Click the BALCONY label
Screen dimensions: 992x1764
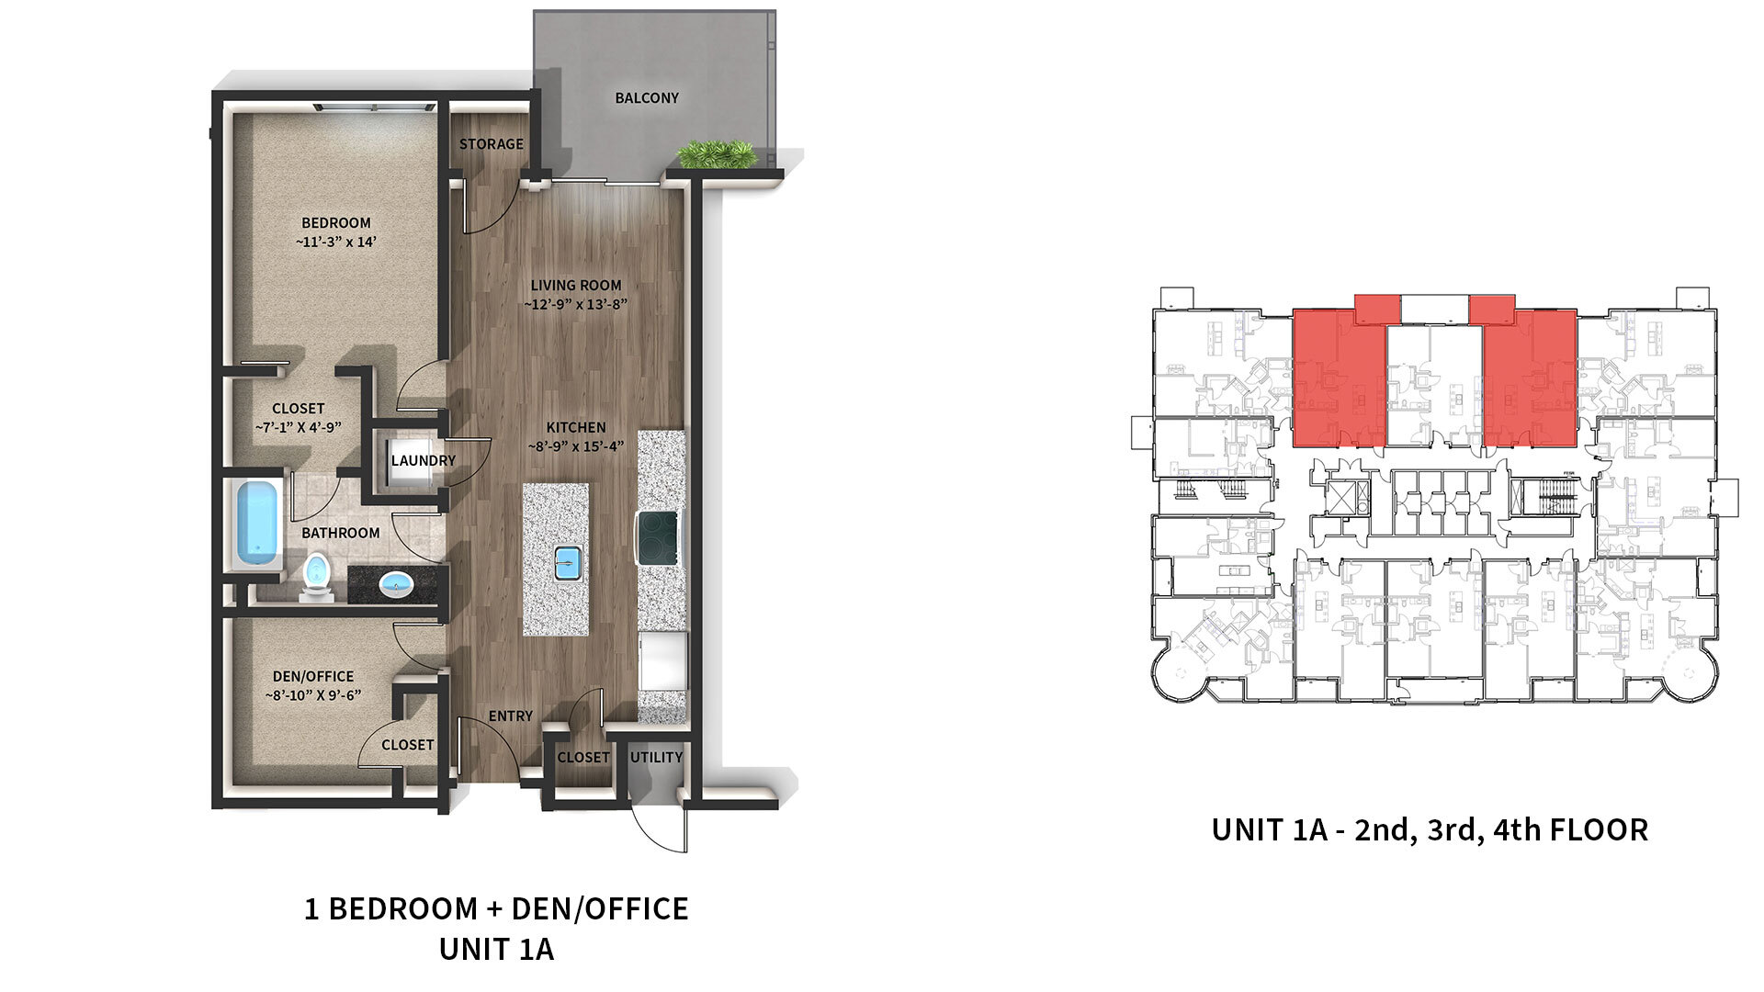point(647,98)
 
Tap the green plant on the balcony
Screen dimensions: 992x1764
point(716,153)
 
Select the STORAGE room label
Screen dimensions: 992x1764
point(492,144)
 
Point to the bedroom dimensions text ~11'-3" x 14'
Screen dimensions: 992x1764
point(336,242)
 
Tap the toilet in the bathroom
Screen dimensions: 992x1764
point(316,577)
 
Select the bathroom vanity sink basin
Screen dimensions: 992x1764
point(397,582)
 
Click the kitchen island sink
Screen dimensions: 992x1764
point(565,562)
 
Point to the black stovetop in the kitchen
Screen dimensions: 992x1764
point(659,537)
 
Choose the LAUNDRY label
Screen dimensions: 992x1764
point(424,460)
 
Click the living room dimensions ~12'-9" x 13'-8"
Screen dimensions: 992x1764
point(576,304)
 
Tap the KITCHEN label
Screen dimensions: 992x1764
point(576,427)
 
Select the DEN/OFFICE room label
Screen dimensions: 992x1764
point(313,676)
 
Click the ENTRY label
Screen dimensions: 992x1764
point(511,716)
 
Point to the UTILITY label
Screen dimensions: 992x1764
point(656,758)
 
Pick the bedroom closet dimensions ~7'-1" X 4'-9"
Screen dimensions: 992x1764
point(299,427)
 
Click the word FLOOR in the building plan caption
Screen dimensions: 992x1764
point(1599,830)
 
